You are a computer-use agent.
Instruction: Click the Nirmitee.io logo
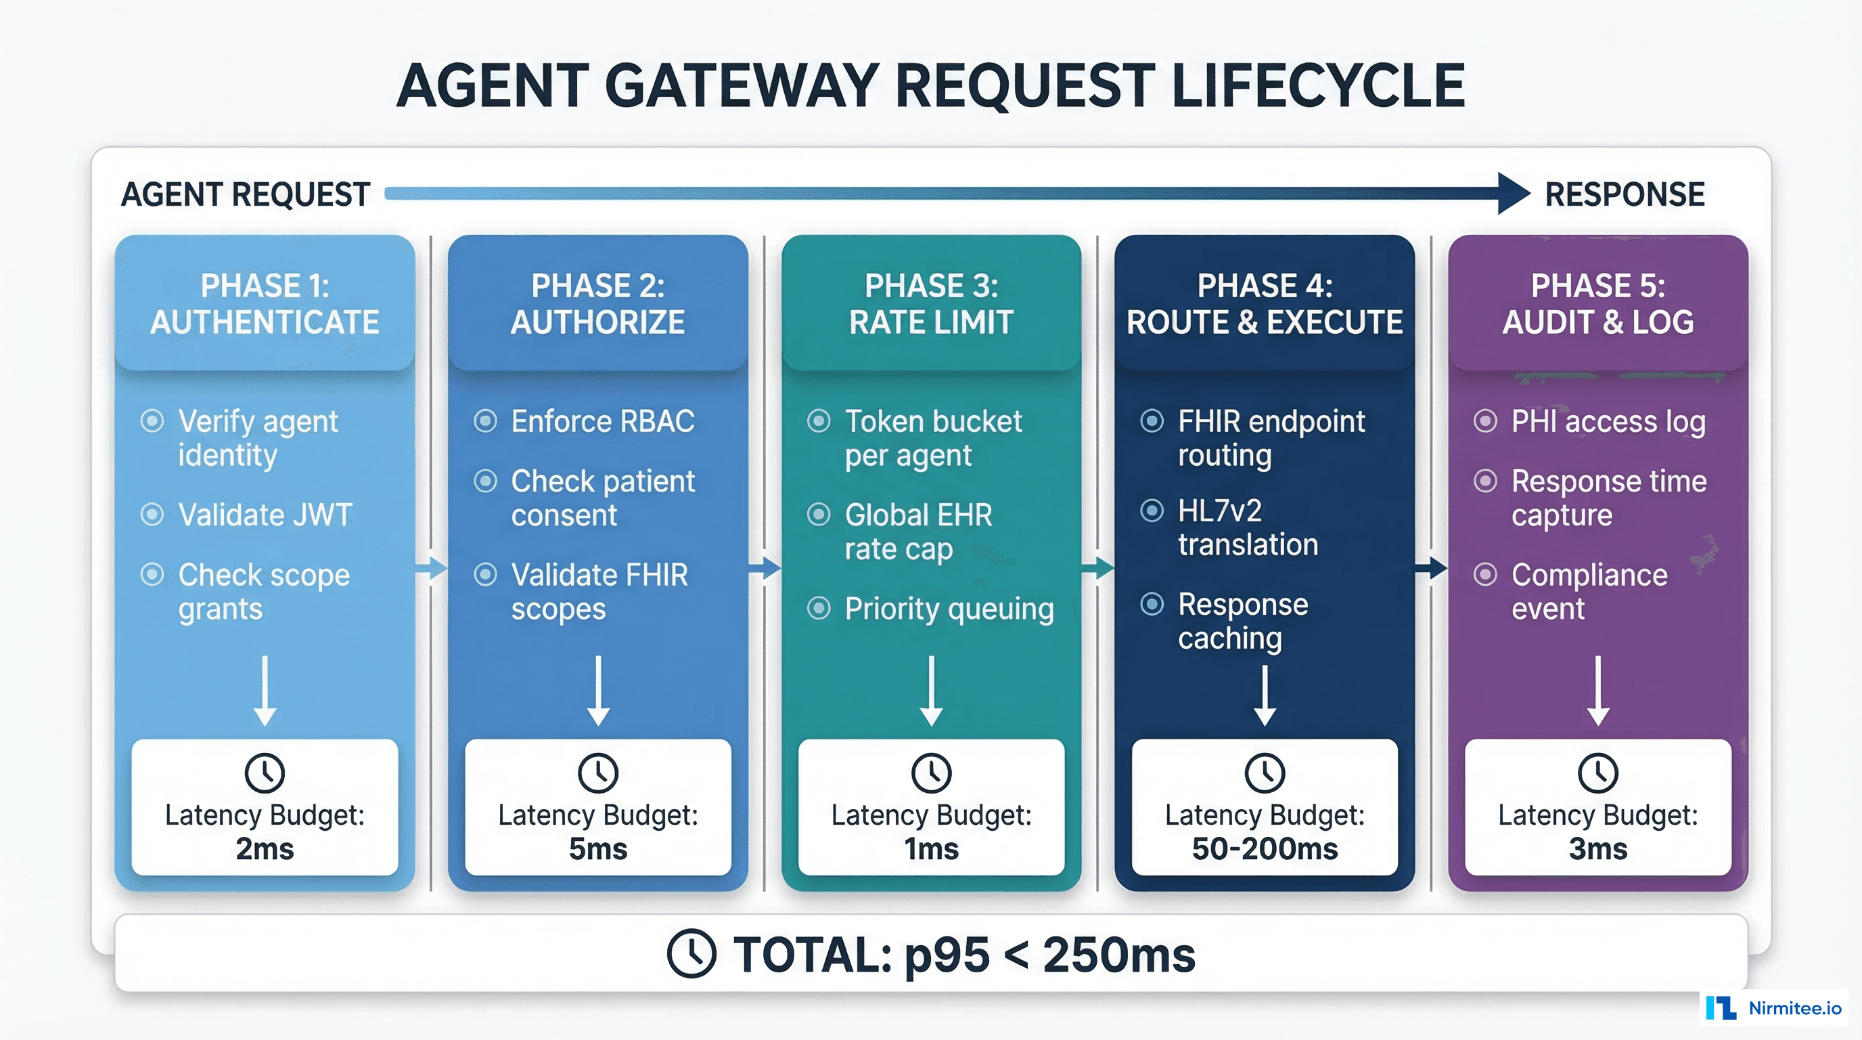click(x=1774, y=1007)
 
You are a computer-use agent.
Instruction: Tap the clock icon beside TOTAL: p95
click(x=691, y=954)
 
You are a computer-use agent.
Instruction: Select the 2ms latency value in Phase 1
click(x=265, y=849)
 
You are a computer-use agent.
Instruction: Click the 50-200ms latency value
click(x=1264, y=849)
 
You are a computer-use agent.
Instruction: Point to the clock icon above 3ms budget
click(x=1597, y=773)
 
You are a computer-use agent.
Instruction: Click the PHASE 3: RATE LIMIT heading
click(x=931, y=304)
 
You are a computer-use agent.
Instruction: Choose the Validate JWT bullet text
click(x=265, y=515)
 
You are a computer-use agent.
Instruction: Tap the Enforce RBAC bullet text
click(x=602, y=421)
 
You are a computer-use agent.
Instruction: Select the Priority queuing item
click(x=949, y=609)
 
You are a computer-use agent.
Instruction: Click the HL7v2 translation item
click(x=1247, y=527)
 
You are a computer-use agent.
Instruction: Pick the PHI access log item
click(x=1608, y=421)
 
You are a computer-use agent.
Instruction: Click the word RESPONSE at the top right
click(x=1625, y=194)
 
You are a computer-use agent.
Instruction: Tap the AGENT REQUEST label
click(x=246, y=194)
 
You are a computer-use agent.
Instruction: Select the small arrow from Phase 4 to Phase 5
click(x=1431, y=569)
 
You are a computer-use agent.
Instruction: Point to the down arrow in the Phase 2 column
click(x=598, y=691)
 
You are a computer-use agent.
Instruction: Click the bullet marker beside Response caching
click(x=1152, y=604)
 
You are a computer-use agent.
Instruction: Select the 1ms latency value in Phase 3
click(x=931, y=849)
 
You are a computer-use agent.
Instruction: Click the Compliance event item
click(x=1589, y=592)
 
